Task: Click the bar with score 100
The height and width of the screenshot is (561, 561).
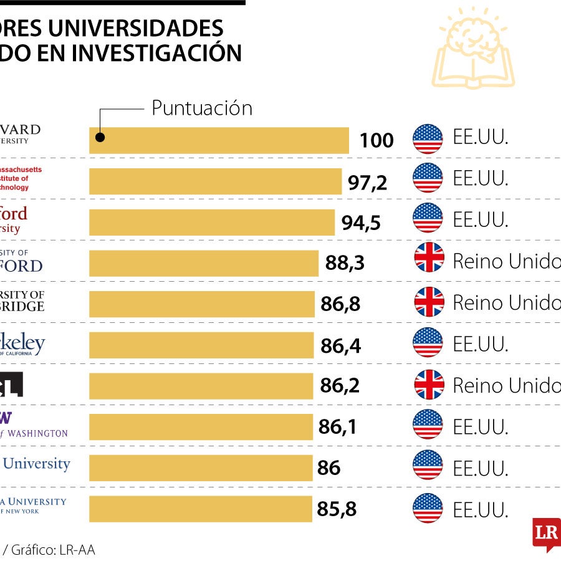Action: click(219, 140)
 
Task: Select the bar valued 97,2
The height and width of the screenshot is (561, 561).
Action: click(216, 181)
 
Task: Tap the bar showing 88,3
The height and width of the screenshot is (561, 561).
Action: click(204, 263)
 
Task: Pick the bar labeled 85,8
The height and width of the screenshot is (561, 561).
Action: click(201, 509)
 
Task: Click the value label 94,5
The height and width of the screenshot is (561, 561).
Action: click(361, 223)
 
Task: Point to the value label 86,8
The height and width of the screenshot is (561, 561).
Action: click(341, 304)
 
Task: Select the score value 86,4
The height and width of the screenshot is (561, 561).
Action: click(340, 345)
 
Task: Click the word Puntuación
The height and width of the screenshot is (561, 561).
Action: click(202, 108)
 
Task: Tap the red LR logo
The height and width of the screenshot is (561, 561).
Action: click(546, 534)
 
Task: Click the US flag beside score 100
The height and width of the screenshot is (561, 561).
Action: click(428, 138)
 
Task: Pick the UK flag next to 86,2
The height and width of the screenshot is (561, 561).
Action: click(429, 385)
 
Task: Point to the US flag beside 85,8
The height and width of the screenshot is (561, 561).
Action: click(428, 508)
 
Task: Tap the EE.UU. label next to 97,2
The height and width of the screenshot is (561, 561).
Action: click(480, 178)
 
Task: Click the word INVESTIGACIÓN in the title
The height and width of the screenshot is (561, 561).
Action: click(156, 53)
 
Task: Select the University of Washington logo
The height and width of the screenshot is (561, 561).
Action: click(34, 425)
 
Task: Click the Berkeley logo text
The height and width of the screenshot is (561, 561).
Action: click(22, 344)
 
